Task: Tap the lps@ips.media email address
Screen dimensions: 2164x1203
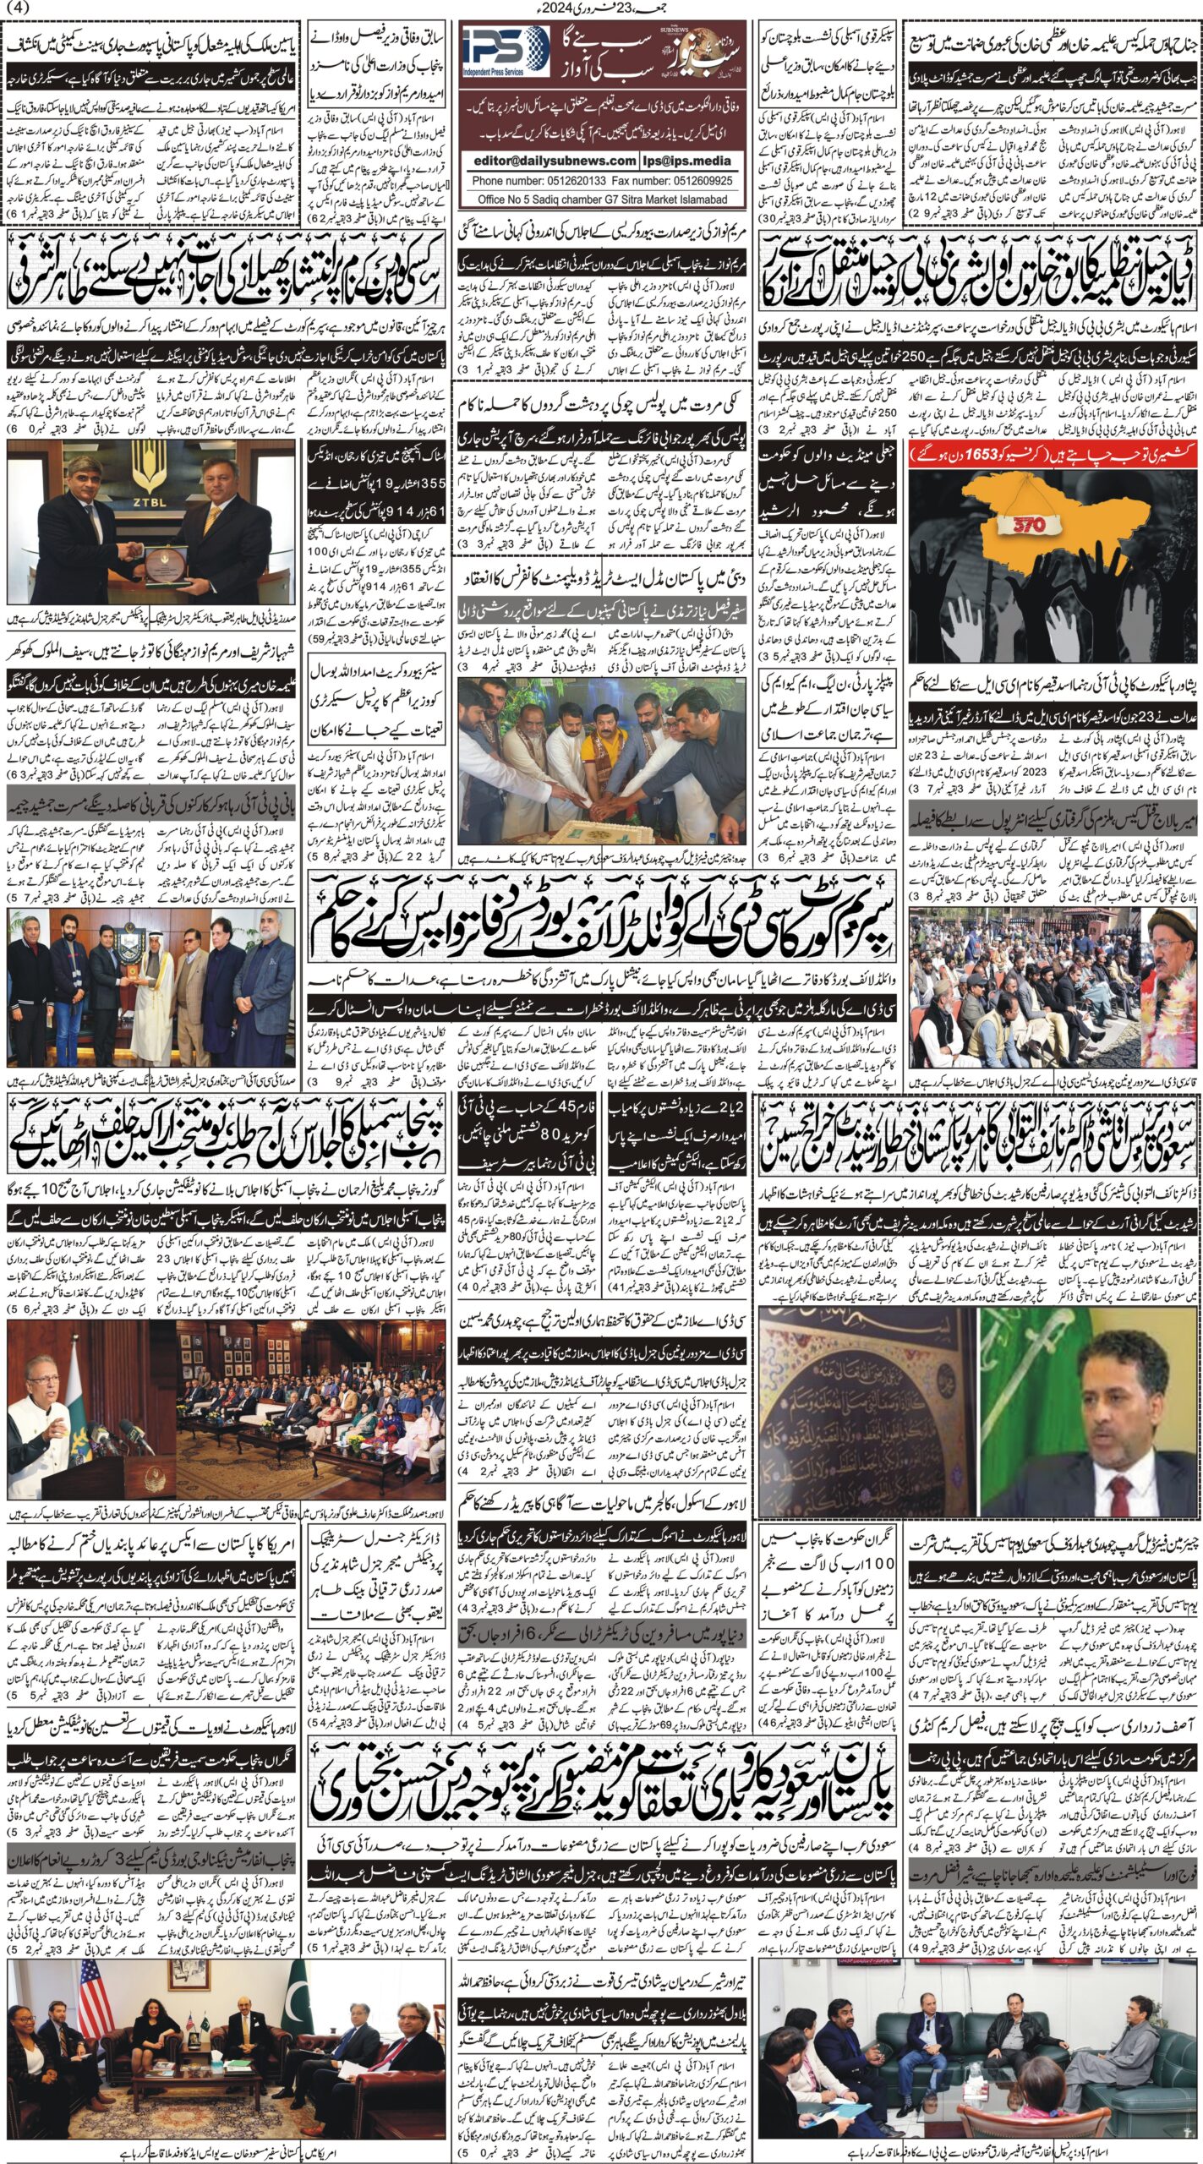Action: click(x=700, y=161)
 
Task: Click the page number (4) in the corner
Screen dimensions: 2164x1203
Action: click(x=18, y=9)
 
